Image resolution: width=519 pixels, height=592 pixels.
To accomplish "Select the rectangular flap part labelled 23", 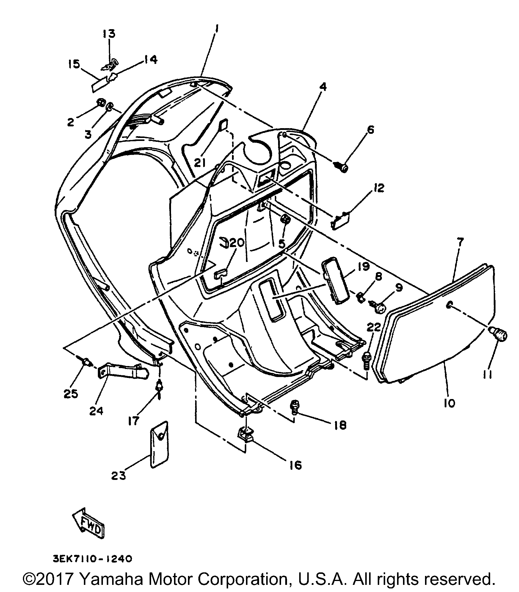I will pyautogui.click(x=159, y=445).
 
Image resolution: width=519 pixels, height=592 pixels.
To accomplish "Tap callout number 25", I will pyautogui.click(x=70, y=393).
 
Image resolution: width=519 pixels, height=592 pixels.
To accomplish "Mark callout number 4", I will pyautogui.click(x=323, y=87).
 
